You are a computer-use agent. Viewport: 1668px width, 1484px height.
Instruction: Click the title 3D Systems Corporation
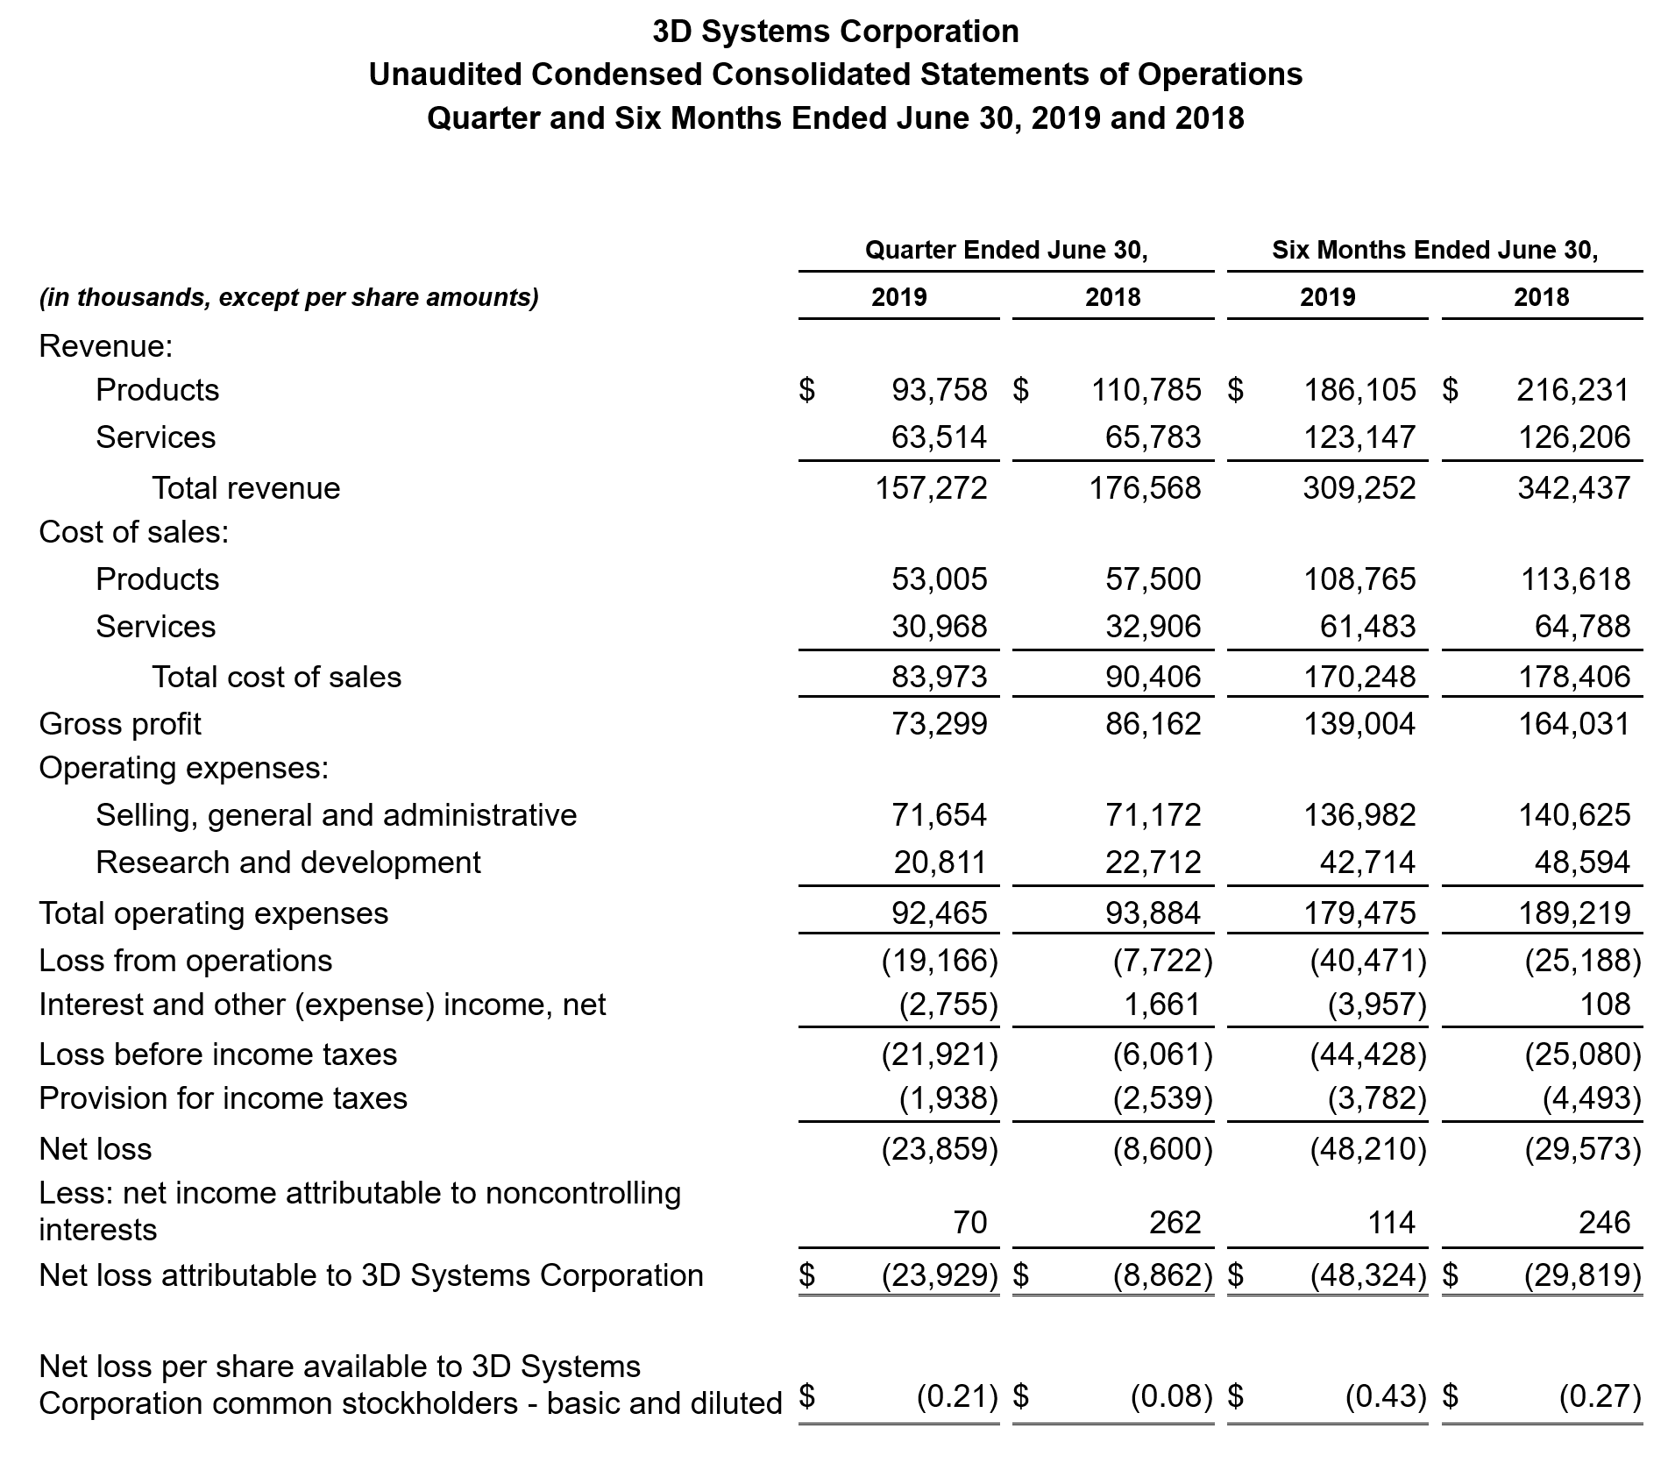pos(835,32)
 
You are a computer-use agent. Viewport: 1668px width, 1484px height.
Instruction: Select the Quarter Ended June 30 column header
pos(1005,250)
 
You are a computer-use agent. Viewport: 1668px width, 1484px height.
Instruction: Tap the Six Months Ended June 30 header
pos(1434,250)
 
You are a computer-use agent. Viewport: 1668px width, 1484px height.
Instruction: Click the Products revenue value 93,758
pos(939,389)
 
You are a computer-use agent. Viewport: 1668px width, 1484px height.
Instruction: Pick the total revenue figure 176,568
pos(1145,487)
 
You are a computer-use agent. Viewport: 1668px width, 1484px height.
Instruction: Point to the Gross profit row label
pos(120,724)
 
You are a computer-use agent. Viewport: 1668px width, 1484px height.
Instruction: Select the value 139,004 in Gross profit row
pos(1359,724)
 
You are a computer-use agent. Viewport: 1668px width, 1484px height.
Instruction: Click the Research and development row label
pos(287,863)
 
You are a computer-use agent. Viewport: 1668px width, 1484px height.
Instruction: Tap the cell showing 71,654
pos(939,815)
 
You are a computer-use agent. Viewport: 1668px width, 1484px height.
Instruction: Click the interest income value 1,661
pos(1162,1005)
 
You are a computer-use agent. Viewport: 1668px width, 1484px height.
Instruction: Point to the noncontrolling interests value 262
pos(1175,1222)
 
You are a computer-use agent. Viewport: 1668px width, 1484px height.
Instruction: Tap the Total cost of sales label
pos(276,677)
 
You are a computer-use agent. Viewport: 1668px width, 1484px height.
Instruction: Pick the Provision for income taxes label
pos(223,1098)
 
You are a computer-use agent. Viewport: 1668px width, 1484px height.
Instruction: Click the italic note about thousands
pos(288,298)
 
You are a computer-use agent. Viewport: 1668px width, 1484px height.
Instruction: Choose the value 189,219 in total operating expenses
pos(1574,913)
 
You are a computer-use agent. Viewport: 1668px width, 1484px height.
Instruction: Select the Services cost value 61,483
pos(1367,627)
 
